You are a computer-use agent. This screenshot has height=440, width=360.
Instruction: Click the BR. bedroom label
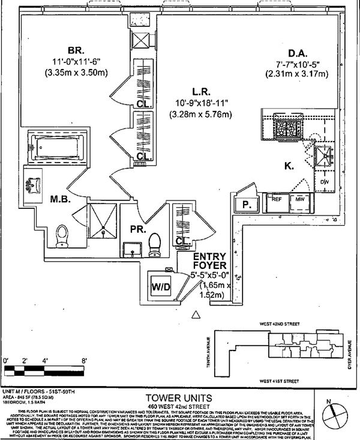76,50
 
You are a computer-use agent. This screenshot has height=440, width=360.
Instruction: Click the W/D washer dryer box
161,288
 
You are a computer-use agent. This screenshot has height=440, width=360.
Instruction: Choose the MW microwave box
298,199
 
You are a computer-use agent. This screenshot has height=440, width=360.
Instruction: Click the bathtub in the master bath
56,145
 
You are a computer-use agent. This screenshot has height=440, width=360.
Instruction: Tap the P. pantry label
246,205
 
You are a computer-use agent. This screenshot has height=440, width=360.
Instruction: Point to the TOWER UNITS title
179,398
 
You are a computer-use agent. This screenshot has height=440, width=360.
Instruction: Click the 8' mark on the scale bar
84,360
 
